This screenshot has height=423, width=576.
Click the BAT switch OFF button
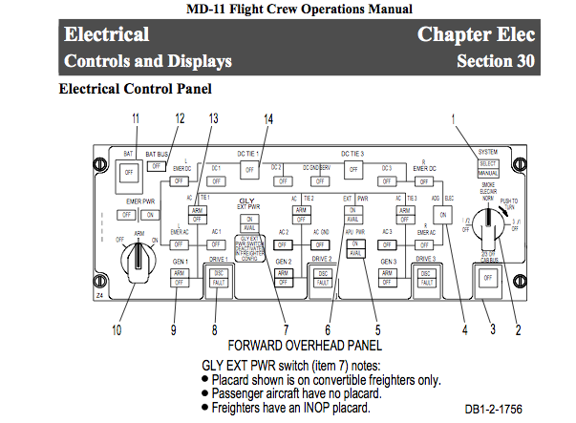tap(125, 173)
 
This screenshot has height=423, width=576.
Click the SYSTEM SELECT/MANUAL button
tap(487, 168)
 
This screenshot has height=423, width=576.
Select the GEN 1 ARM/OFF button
tap(179, 277)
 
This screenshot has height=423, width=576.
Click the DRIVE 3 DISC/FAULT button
tap(424, 278)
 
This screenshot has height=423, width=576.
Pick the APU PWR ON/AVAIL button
tap(354, 247)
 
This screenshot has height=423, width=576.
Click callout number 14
tap(268, 118)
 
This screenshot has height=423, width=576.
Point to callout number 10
tap(117, 331)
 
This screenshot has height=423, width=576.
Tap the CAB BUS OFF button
tap(487, 277)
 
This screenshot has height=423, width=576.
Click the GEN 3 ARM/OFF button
tap(386, 277)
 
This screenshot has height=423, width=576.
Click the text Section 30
tap(496, 61)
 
